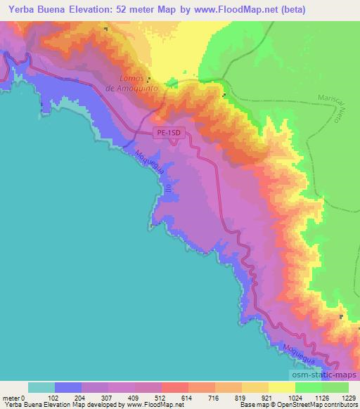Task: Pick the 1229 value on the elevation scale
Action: [x=349, y=398]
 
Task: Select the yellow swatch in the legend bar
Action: [x=281, y=387]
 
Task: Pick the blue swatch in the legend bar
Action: [x=68, y=387]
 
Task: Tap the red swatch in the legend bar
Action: [x=175, y=387]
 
